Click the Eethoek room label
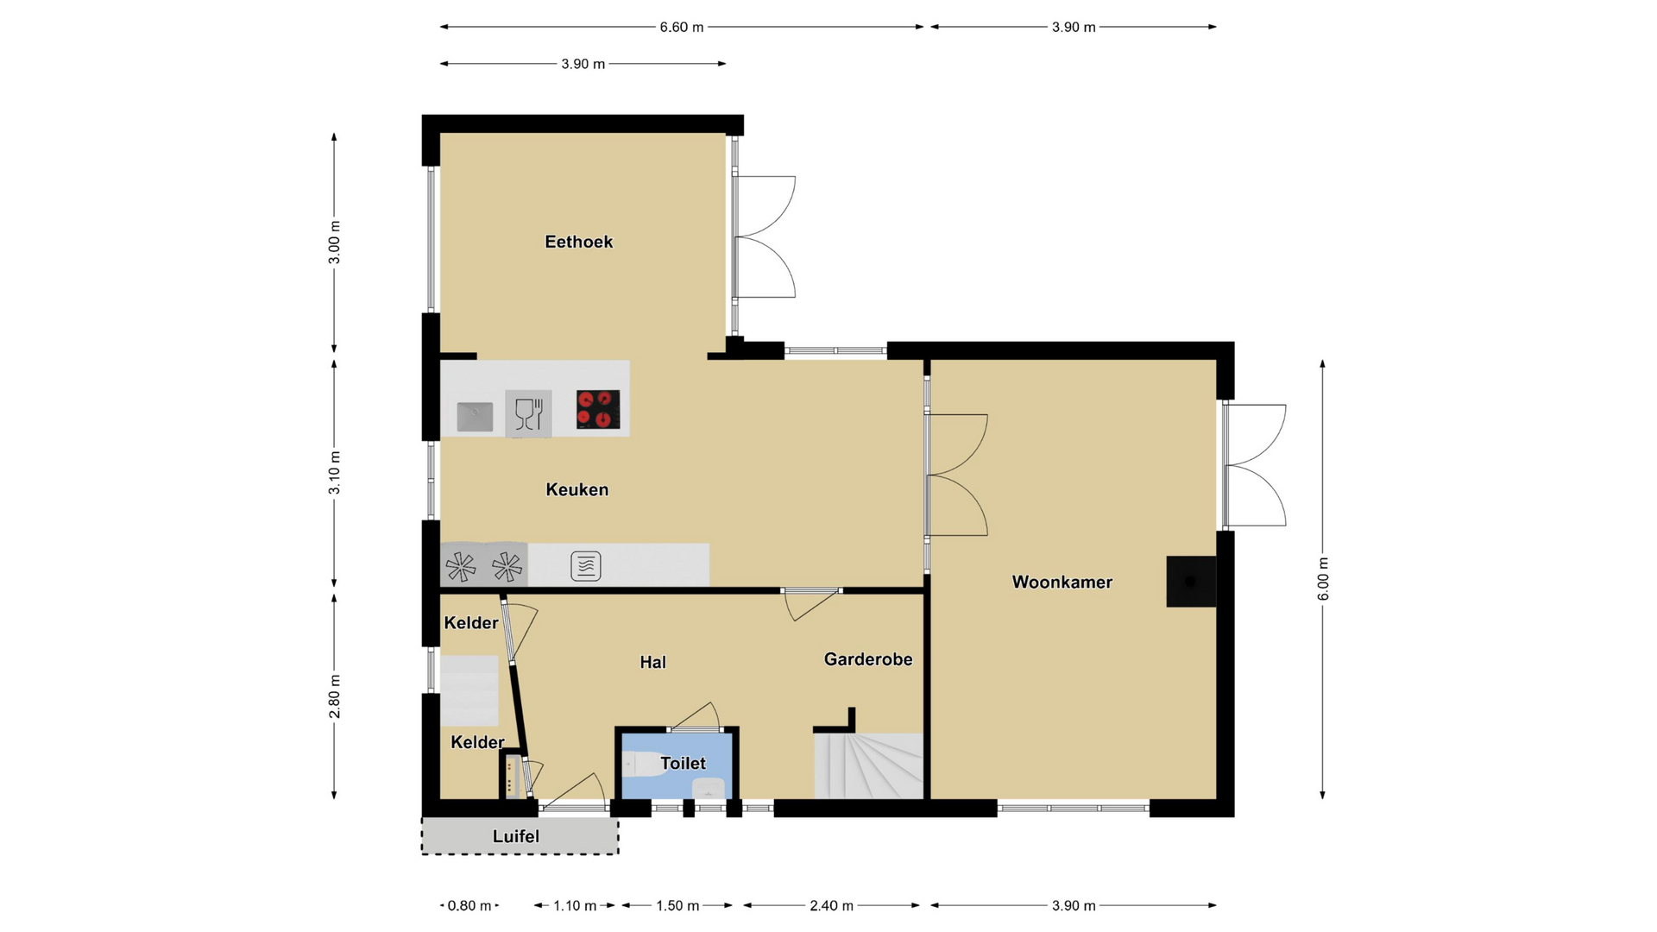pyautogui.click(x=578, y=242)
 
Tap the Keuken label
pyautogui.click(x=577, y=489)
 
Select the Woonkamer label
pyautogui.click(x=1062, y=582)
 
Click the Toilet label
pyautogui.click(x=683, y=763)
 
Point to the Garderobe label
pyautogui.click(x=868, y=659)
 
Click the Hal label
pyautogui.click(x=652, y=662)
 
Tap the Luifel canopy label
pyautogui.click(x=516, y=836)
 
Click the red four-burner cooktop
pyautogui.click(x=598, y=409)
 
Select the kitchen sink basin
pyautogui.click(x=475, y=417)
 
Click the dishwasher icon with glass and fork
pyautogui.click(x=528, y=413)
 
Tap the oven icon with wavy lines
pyautogui.click(x=586, y=566)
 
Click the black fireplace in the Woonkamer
pyautogui.click(x=1191, y=582)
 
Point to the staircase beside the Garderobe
pyautogui.click(x=869, y=765)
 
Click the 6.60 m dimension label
pyautogui.click(x=682, y=27)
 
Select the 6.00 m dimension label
pyautogui.click(x=1323, y=579)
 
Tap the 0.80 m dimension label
pyautogui.click(x=469, y=905)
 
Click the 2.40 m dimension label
pyautogui.click(x=831, y=905)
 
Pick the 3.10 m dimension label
pyautogui.click(x=335, y=473)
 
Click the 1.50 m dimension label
pyautogui.click(x=677, y=905)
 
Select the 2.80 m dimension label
pyautogui.click(x=335, y=696)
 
